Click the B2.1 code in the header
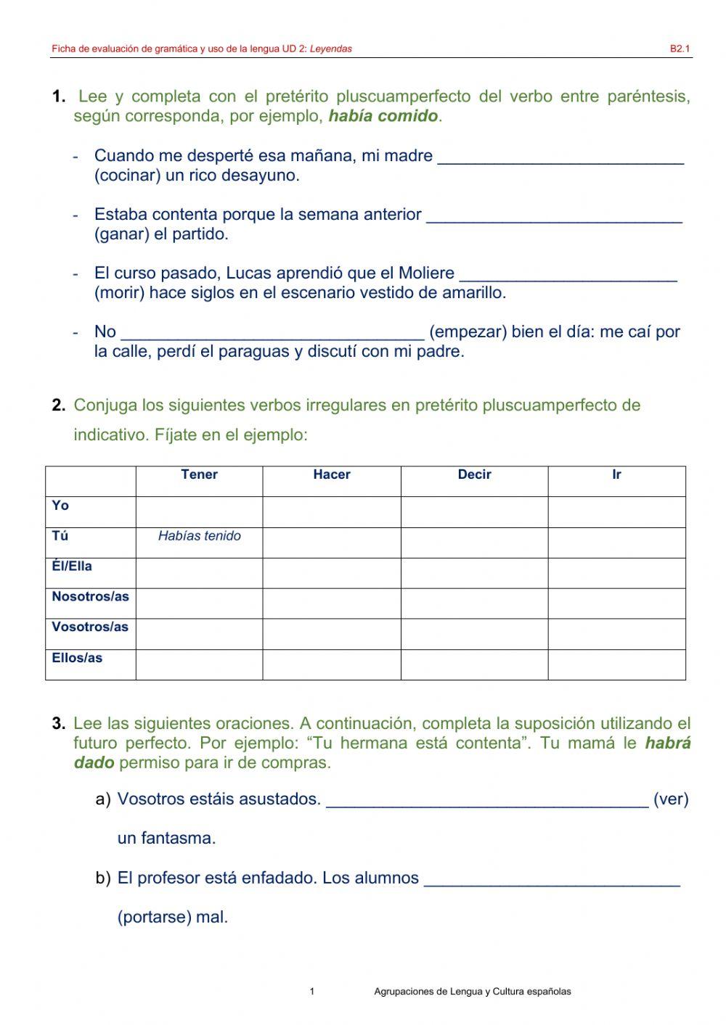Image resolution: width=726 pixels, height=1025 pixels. pos(679,49)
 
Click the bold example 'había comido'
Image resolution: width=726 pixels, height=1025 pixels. pos(383,116)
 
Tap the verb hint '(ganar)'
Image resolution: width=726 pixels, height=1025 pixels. pos(121,234)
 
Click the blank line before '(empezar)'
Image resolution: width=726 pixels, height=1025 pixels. pos(272,334)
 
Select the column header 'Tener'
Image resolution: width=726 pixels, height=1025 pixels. pos(199,475)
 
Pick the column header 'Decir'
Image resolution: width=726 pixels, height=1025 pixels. pos(474,475)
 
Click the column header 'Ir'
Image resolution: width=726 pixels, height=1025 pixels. pos(616,475)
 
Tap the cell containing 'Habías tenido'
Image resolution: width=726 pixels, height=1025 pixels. pos(199,537)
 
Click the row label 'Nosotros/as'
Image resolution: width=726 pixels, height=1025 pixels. pos(90,597)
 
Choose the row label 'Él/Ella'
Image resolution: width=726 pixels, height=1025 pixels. pos(72,567)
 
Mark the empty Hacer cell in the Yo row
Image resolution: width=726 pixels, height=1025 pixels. pos(331,511)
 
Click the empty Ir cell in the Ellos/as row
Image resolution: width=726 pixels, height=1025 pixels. pos(616,664)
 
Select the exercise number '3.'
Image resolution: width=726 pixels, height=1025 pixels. pos(59,724)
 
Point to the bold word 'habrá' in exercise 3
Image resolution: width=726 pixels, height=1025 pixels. pos(667,744)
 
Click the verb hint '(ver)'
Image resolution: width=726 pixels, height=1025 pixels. pos(670,799)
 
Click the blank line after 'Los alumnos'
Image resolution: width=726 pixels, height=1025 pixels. pos(552,880)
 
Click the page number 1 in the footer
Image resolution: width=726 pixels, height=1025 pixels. pos(312,992)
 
